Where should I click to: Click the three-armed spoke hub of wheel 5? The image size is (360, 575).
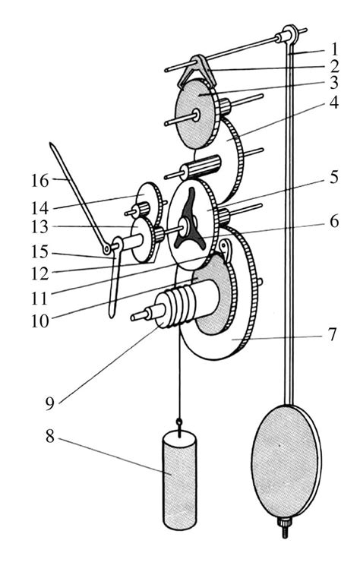pyautogui.click(x=188, y=226)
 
